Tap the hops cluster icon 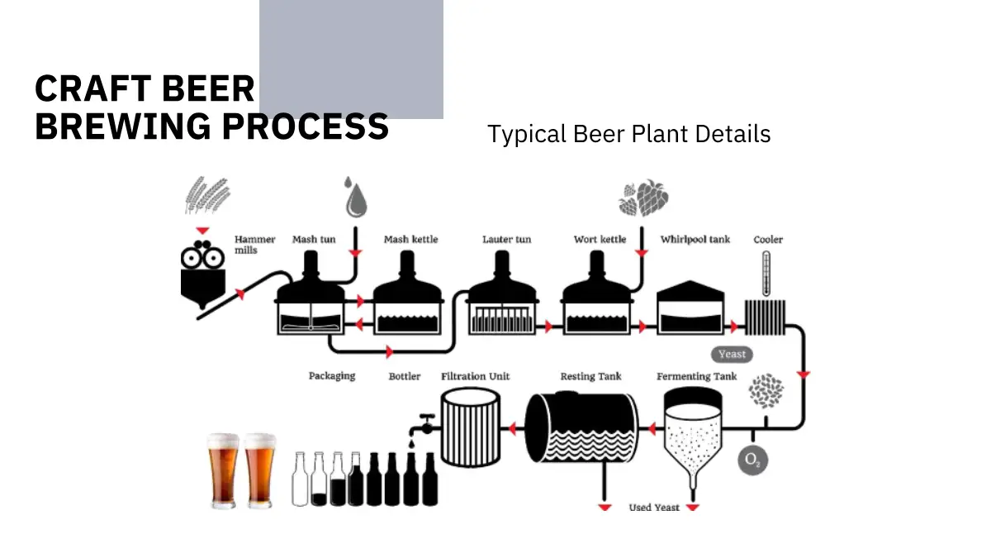[x=643, y=198]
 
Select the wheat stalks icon [x=207, y=195]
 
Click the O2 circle [x=752, y=460]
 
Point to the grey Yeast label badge [x=732, y=355]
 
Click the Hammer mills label [x=255, y=245]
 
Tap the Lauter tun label [x=506, y=240]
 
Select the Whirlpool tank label [x=695, y=240]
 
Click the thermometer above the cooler [x=766, y=274]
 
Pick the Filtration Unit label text [x=475, y=376]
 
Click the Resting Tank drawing [x=581, y=427]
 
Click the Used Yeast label [x=654, y=508]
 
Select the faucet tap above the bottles [x=423, y=426]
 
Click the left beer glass [x=224, y=470]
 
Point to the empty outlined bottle [x=300, y=479]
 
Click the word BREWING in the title [x=122, y=126]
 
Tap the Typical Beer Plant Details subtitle [x=628, y=134]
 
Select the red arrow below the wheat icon [x=202, y=231]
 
